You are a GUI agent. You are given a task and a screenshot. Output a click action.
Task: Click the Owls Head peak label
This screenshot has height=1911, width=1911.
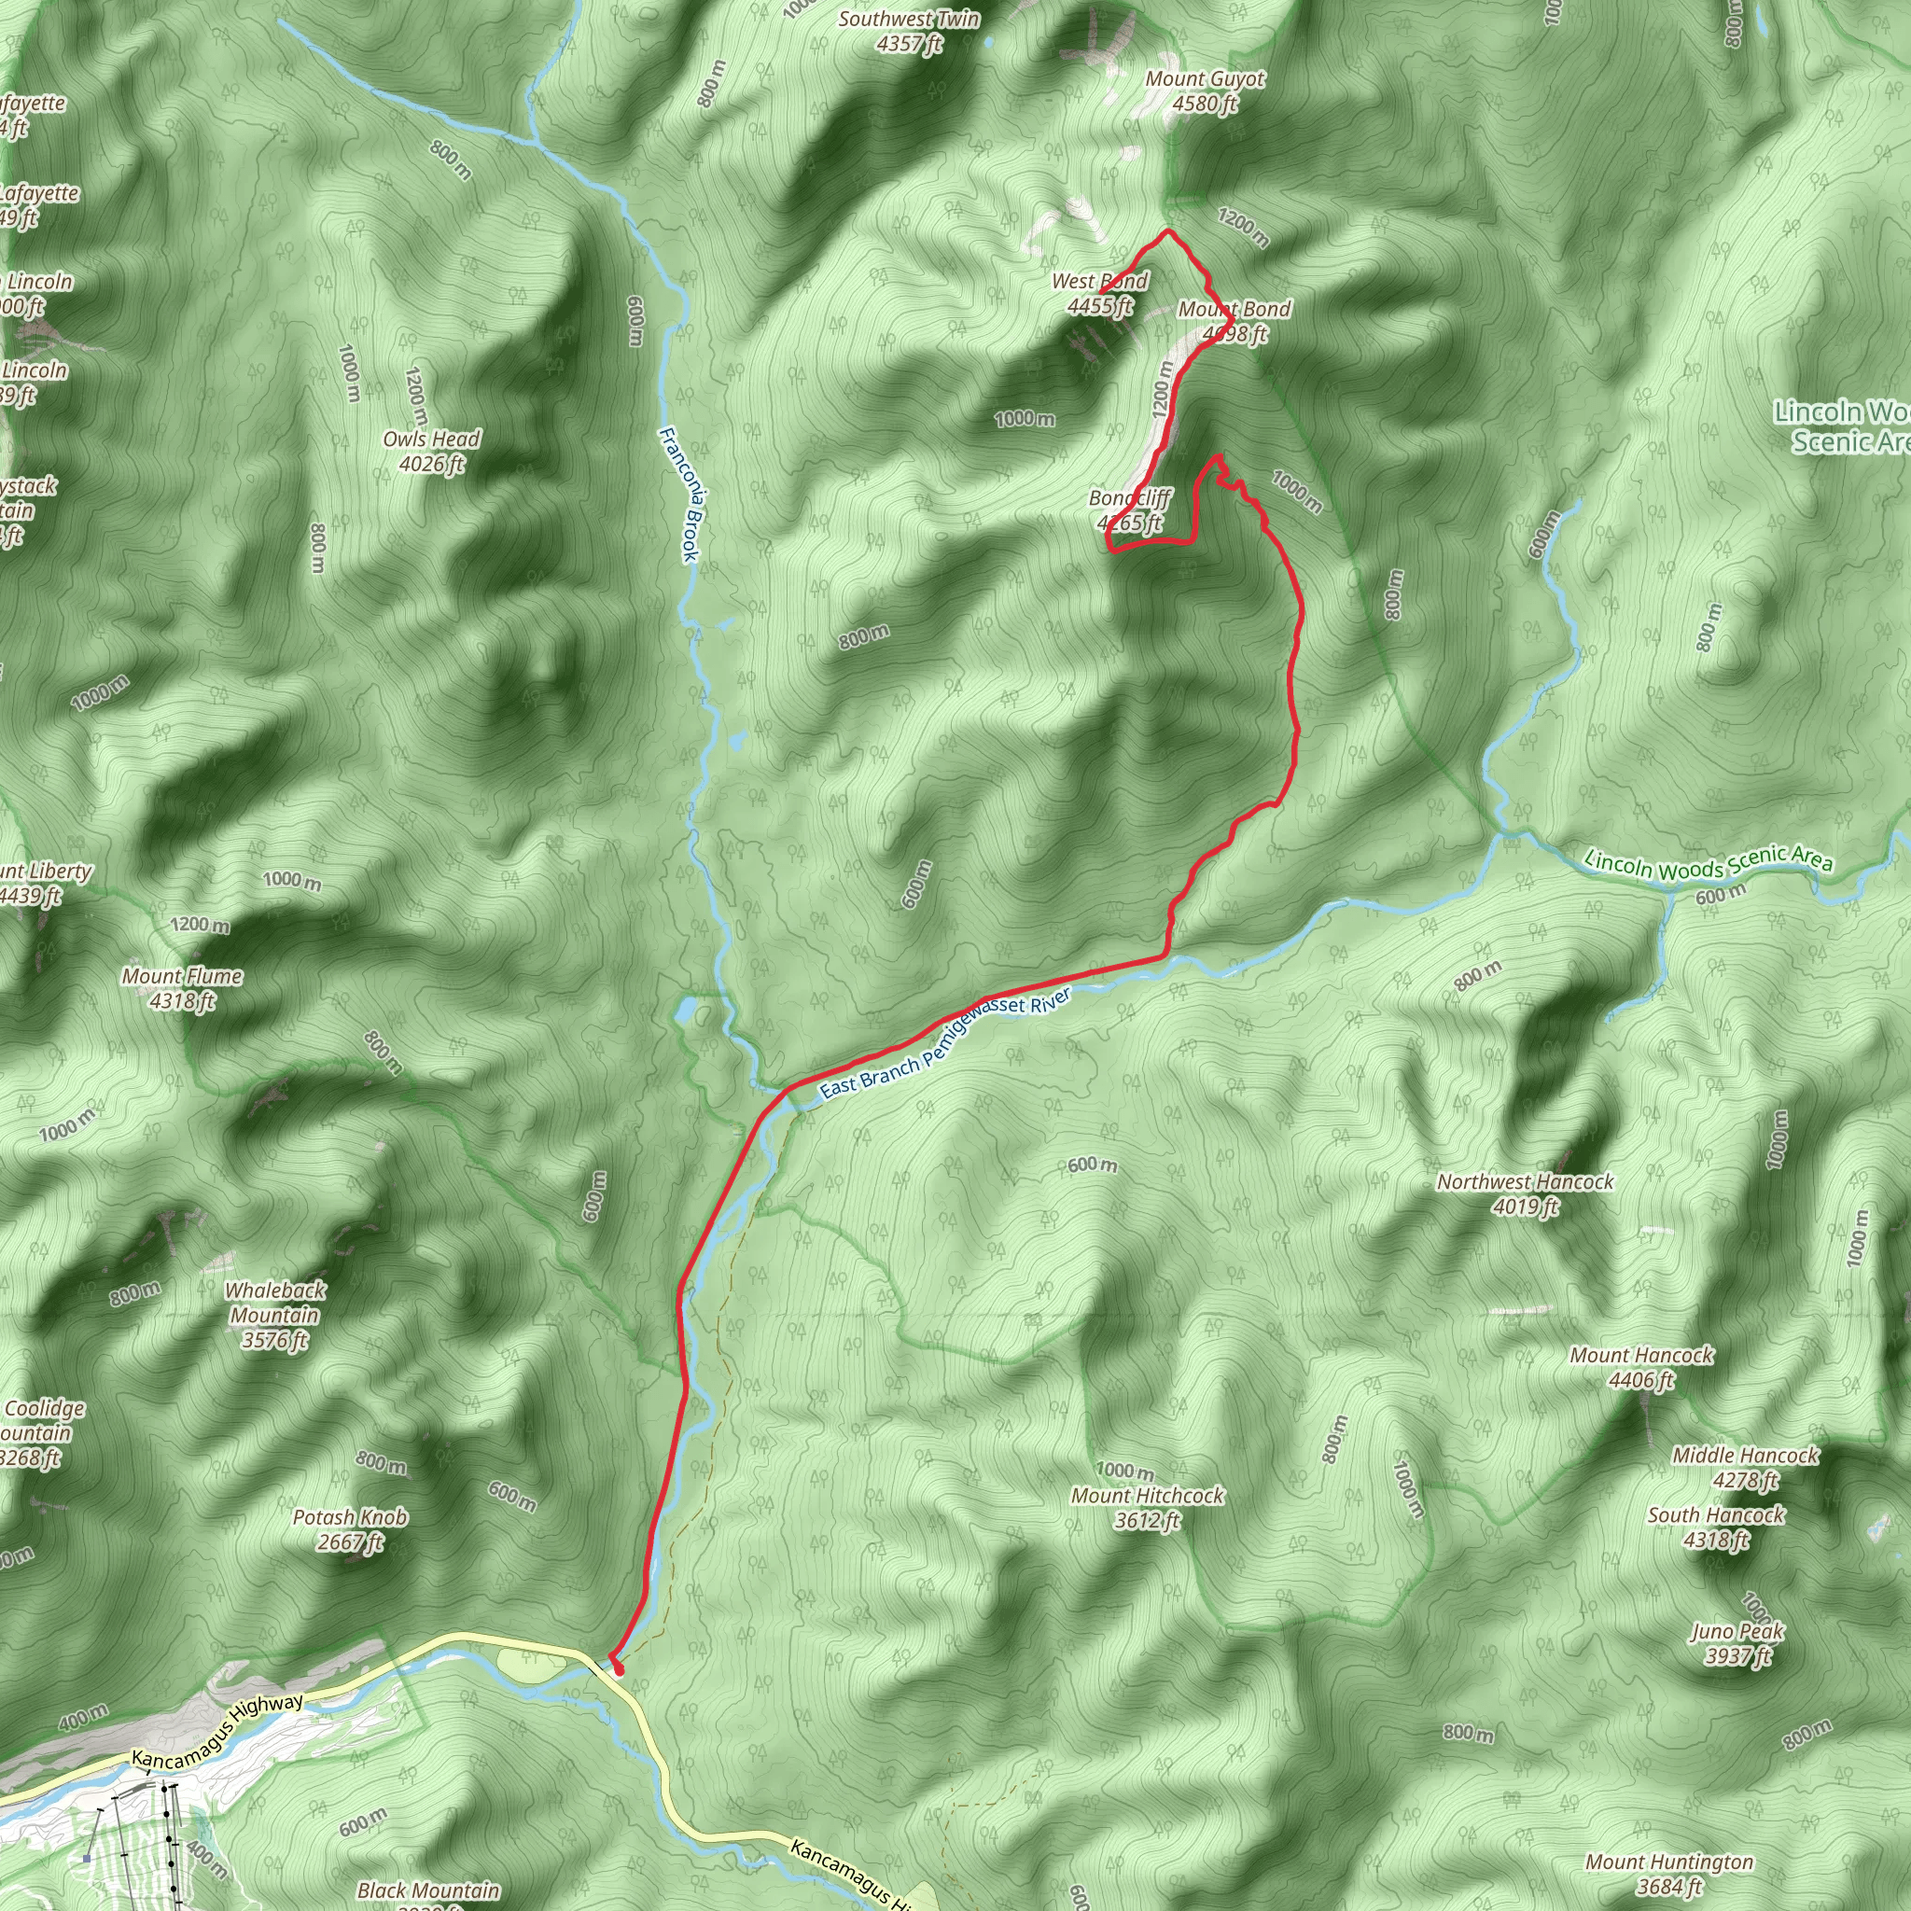tap(431, 451)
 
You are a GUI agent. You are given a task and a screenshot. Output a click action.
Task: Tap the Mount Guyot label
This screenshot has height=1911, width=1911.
tap(1205, 91)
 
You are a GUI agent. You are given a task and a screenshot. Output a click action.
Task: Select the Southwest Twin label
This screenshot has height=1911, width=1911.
tap(908, 31)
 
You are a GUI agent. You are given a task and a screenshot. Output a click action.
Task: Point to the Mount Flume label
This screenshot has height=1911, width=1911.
tap(182, 988)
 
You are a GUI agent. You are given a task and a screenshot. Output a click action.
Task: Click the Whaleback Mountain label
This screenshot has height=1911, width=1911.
tap(275, 1315)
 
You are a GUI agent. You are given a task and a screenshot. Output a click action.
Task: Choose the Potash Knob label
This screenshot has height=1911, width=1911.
tap(350, 1529)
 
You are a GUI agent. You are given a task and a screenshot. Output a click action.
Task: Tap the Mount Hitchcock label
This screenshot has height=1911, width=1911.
tap(1148, 1508)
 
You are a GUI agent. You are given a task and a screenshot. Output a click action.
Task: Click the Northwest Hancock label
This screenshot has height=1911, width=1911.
tap(1526, 1193)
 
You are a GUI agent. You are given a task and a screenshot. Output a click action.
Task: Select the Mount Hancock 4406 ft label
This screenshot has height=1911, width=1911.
tap(1642, 1367)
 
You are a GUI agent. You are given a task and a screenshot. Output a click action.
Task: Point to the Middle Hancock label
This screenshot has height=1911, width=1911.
tap(1745, 1467)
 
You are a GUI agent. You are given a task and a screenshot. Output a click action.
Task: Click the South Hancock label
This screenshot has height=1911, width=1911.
tap(1716, 1527)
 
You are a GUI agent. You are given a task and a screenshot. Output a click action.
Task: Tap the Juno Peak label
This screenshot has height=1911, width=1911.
tap(1737, 1643)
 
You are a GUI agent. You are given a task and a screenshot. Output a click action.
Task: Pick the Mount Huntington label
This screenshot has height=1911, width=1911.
tap(1669, 1875)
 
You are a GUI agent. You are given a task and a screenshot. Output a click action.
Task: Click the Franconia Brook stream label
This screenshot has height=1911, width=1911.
tap(679, 494)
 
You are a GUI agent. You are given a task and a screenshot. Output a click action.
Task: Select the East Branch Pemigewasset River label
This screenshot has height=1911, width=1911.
tap(944, 1043)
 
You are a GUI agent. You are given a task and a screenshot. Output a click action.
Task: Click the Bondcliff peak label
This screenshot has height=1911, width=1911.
tap(1130, 510)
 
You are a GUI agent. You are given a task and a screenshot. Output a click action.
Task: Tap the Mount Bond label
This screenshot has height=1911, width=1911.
tap(1234, 322)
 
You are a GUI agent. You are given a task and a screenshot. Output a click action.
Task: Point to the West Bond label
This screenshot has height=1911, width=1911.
tap(1100, 293)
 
